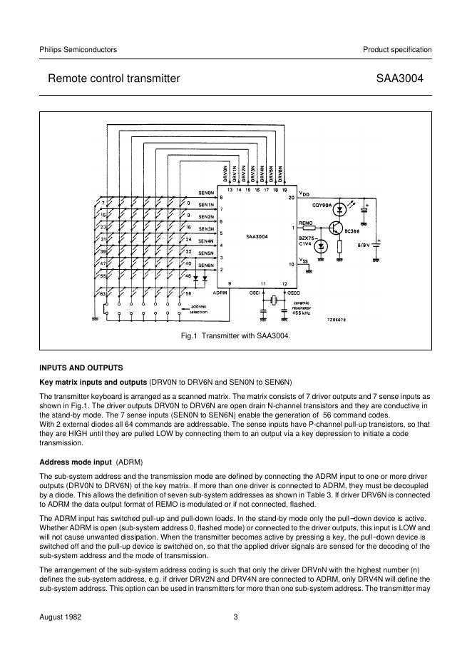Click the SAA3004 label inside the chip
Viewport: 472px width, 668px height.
point(256,236)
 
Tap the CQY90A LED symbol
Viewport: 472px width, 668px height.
point(340,209)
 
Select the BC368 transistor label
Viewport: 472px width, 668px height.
point(354,231)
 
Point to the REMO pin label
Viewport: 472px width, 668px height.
point(306,223)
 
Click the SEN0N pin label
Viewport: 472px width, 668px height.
point(206,193)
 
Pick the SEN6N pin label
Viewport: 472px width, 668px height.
point(206,265)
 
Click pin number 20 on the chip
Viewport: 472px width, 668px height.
point(291,198)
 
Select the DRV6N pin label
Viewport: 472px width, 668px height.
point(281,174)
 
